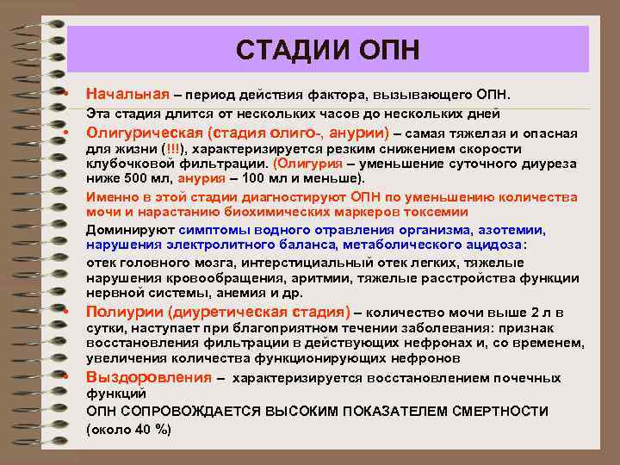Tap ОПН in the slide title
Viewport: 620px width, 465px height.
coord(387,49)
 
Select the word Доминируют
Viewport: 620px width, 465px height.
coord(131,230)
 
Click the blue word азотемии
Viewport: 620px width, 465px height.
coord(514,230)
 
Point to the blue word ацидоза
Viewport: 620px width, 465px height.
coord(493,245)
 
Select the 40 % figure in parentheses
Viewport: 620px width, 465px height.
coord(148,429)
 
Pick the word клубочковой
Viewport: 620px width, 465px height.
coord(128,164)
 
